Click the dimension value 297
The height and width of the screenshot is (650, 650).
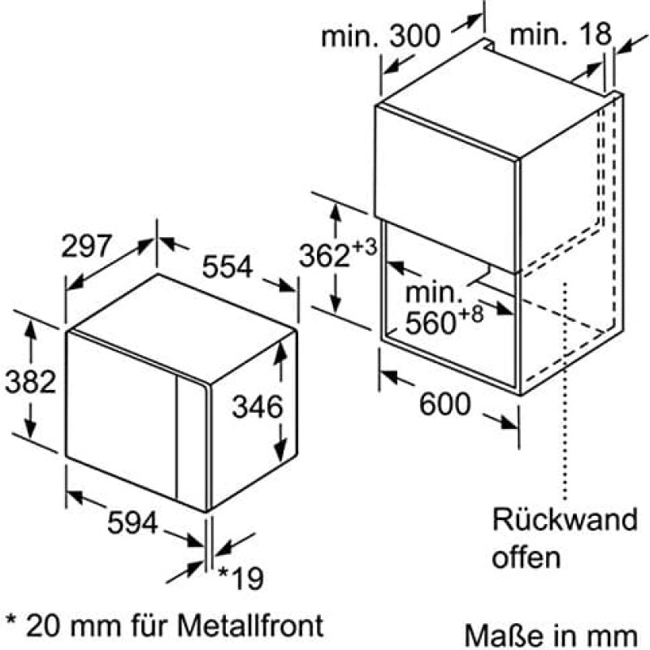click(x=86, y=245)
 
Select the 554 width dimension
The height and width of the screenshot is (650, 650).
click(x=227, y=266)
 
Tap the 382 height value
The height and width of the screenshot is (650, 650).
click(x=30, y=381)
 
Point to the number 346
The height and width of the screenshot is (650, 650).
click(x=258, y=406)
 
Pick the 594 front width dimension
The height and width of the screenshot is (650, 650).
click(x=132, y=522)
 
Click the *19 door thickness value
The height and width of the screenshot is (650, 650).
click(x=241, y=578)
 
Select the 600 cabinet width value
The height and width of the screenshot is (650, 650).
click(x=444, y=404)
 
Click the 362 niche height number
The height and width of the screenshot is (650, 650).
click(x=324, y=255)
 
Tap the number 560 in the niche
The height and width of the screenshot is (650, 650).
click(x=431, y=323)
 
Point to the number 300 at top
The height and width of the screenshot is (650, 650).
click(x=414, y=36)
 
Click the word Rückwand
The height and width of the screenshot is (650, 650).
click(x=565, y=519)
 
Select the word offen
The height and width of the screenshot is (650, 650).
click(x=526, y=557)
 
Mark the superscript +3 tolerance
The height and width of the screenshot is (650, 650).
click(x=364, y=248)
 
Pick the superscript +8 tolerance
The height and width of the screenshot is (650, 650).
click(x=471, y=314)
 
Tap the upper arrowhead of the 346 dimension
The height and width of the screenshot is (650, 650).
click(x=281, y=351)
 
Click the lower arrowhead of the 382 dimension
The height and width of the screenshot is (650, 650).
click(x=30, y=427)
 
